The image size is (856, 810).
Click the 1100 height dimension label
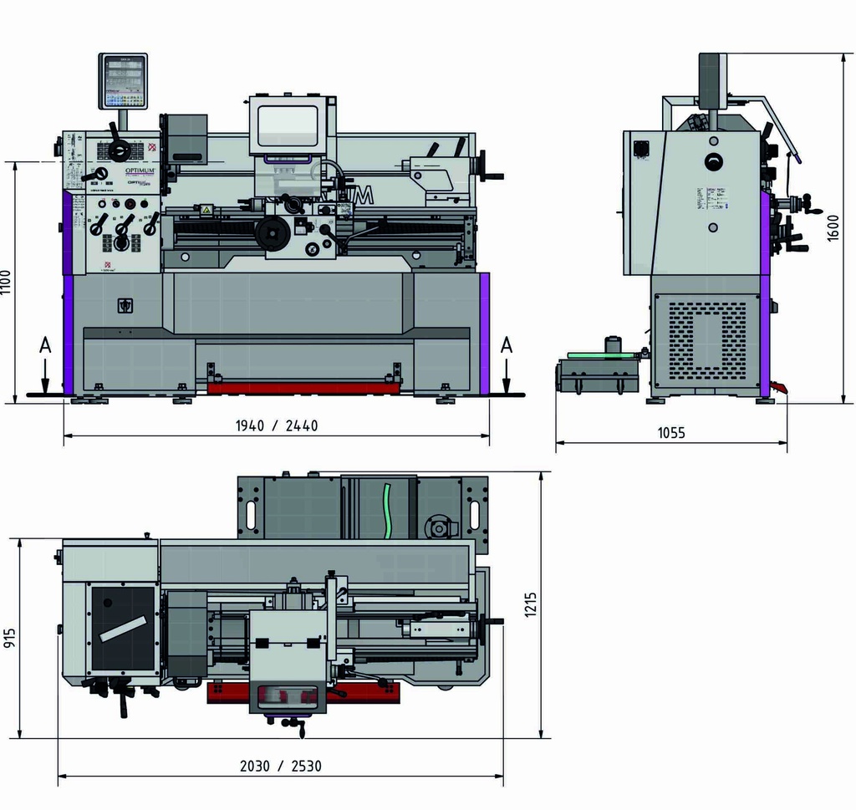(8, 283)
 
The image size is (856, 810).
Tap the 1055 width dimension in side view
(671, 433)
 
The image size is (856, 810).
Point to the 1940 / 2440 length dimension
(277, 425)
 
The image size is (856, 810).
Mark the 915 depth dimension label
(10, 639)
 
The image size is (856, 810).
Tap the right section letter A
(507, 346)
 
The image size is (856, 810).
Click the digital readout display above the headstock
(123, 81)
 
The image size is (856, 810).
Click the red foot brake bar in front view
(304, 388)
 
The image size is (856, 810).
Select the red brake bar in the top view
(303, 694)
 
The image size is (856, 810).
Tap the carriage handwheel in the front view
(273, 232)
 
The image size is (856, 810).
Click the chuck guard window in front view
(288, 126)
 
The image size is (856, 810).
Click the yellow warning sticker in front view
(205, 210)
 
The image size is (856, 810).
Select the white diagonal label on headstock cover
(122, 629)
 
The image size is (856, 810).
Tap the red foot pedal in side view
(779, 388)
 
